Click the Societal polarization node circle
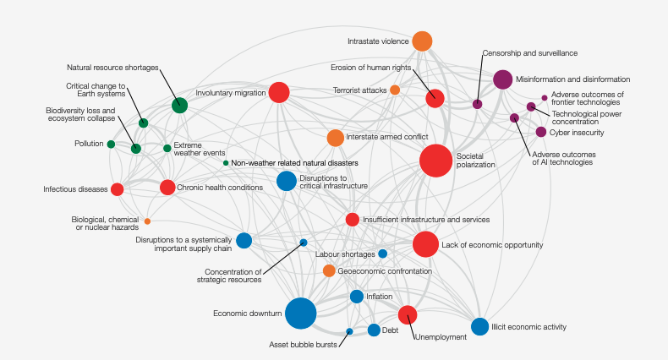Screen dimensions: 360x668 point(436,160)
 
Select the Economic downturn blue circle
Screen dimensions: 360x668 point(301,314)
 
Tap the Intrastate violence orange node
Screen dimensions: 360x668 point(422,41)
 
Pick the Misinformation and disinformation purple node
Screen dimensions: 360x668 point(502,79)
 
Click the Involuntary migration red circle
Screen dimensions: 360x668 point(278,93)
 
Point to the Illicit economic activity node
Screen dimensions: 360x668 point(479,327)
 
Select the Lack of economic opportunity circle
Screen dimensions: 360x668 point(425,244)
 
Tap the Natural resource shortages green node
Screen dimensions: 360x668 point(179,105)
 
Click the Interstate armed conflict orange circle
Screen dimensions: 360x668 point(335,137)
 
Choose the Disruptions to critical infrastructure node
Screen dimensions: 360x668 point(287,180)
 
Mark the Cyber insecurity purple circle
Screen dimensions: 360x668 point(541,132)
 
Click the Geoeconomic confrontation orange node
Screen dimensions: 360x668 point(329,270)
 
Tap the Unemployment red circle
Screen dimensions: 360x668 point(408,315)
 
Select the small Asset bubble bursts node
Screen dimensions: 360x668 point(349,331)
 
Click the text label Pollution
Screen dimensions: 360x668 point(89,144)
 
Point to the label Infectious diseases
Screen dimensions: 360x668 point(75,189)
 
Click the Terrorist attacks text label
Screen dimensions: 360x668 point(359,90)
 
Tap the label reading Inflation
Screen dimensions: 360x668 point(380,297)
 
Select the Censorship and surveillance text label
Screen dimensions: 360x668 point(517,52)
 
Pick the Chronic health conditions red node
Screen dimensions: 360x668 point(167,188)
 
